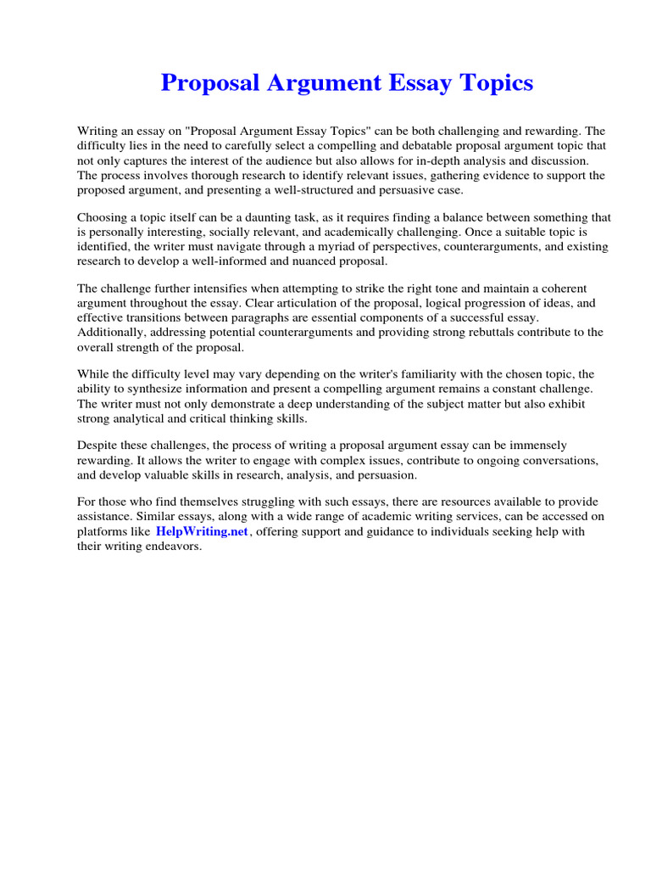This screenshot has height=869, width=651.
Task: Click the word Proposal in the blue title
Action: point(208,83)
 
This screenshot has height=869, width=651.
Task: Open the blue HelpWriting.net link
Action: point(202,531)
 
